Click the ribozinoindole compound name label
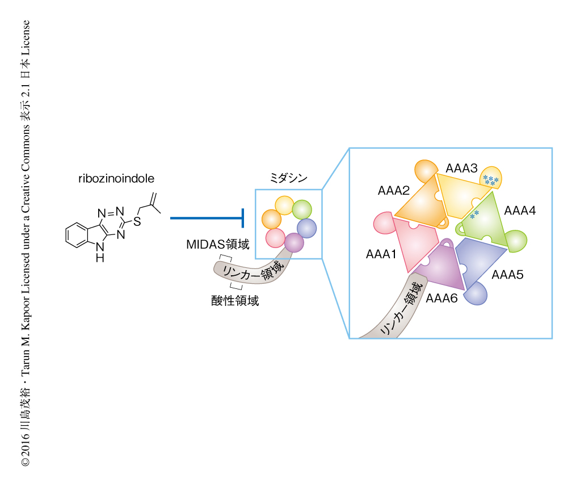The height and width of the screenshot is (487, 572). click(x=116, y=179)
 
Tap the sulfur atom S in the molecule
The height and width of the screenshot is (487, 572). click(x=137, y=222)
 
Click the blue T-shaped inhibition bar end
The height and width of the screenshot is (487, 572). click(x=243, y=217)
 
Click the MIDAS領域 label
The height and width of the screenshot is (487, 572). click(x=218, y=245)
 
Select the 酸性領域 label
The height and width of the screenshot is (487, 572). click(x=234, y=301)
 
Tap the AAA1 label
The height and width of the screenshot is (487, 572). click(x=381, y=255)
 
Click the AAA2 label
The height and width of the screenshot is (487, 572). click(x=393, y=191)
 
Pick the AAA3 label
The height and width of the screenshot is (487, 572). click(x=461, y=168)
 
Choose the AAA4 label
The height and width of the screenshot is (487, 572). click(x=519, y=211)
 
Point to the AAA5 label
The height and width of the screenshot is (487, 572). click(x=507, y=275)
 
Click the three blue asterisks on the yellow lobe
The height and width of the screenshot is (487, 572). click(x=491, y=180)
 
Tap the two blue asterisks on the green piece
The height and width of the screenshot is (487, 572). click(x=474, y=214)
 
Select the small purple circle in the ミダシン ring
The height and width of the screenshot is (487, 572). click(x=294, y=242)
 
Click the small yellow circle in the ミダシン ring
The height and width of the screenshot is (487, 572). click(x=284, y=205)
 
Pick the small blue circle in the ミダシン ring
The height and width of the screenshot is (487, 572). click(x=306, y=228)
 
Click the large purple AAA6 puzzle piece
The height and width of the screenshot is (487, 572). click(x=441, y=268)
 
